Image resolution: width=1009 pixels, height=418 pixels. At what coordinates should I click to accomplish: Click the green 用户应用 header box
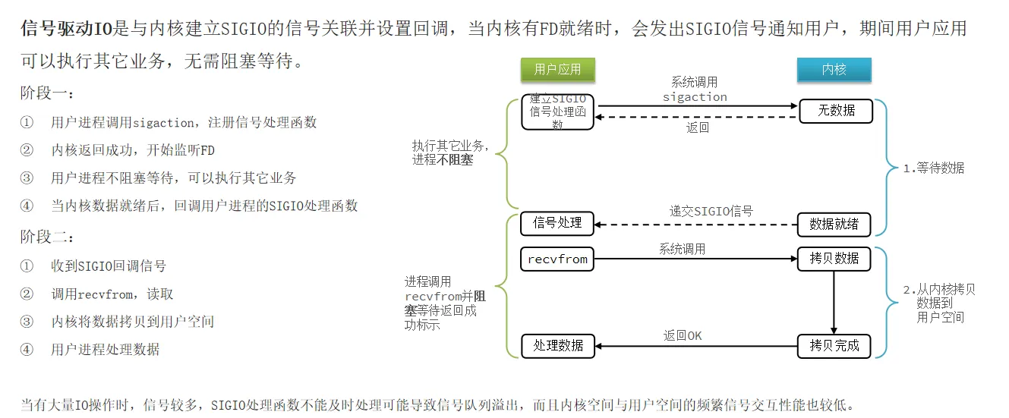coord(557,70)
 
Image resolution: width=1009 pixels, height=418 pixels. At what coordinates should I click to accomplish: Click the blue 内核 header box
coord(834,70)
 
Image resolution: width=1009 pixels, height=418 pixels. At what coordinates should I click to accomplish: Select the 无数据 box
coord(835,111)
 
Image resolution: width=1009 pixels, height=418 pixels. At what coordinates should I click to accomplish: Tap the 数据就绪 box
coord(834,224)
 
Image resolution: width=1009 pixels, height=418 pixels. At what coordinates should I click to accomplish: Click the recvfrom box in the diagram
coord(557,259)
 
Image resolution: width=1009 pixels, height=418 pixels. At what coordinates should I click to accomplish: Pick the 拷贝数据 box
coord(834,259)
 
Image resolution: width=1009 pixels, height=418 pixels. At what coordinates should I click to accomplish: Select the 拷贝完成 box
coord(834,346)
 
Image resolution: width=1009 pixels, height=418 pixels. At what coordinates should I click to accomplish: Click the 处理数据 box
coord(557,346)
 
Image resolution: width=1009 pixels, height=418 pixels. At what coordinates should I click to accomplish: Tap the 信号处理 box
coord(557,223)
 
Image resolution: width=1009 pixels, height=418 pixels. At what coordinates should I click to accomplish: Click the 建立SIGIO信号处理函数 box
coord(557,112)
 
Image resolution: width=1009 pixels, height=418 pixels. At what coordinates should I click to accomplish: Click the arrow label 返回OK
coord(683,335)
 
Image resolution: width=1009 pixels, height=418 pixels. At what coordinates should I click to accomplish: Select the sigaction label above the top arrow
coord(695,97)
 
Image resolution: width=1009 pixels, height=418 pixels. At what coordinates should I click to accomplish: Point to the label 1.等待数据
coord(933,168)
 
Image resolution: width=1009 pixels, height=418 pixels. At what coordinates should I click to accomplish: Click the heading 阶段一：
coord(48,94)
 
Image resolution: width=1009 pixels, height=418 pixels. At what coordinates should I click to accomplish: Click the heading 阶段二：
coord(48,237)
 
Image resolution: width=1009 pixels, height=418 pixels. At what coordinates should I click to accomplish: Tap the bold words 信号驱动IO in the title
coord(66,30)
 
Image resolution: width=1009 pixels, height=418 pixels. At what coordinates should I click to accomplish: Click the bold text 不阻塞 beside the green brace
coord(456,160)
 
